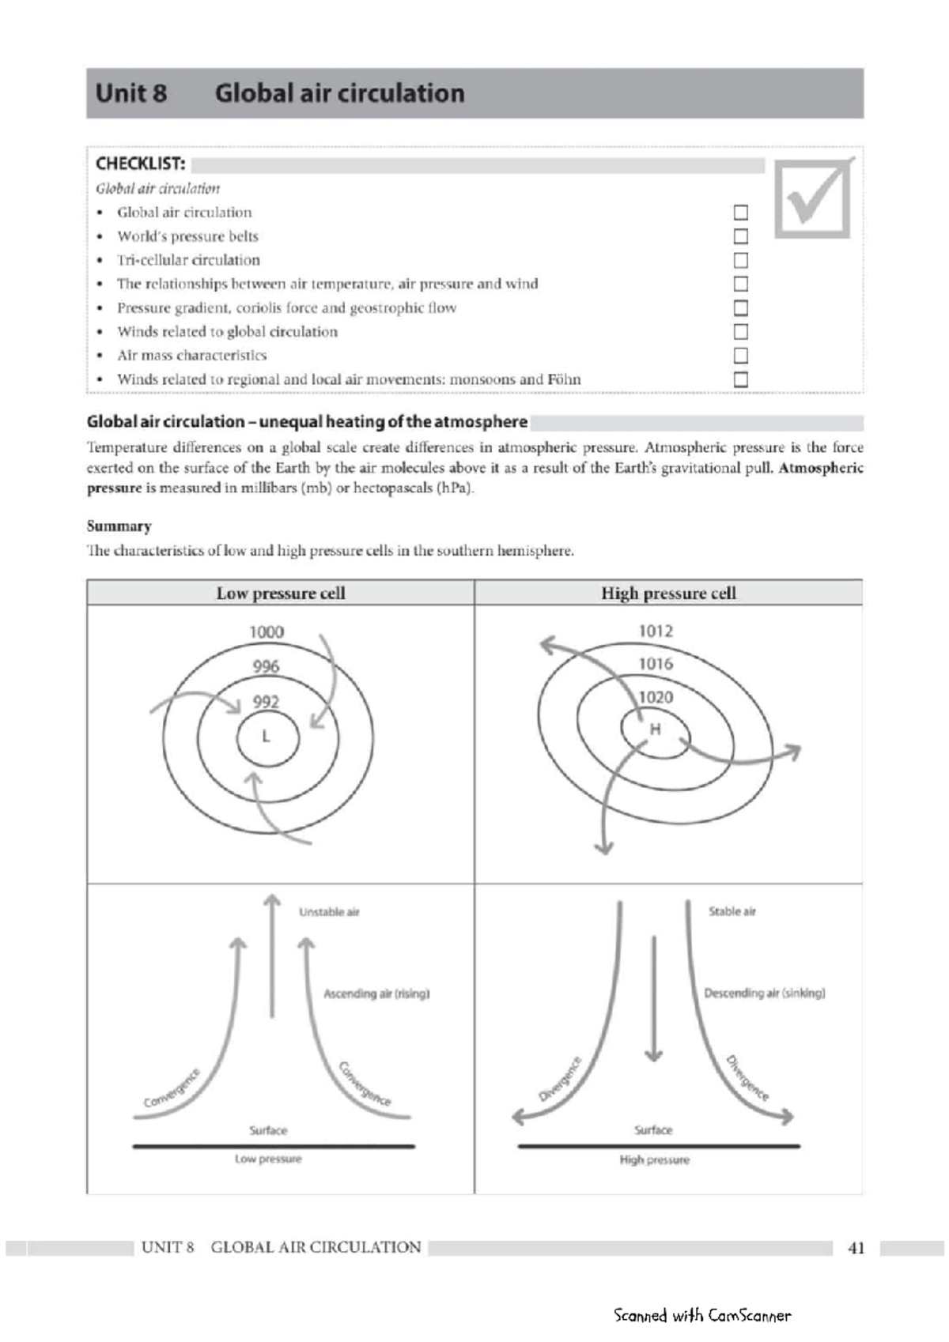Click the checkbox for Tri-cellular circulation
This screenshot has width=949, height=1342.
coord(740,260)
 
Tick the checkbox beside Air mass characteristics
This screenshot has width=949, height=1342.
coord(740,356)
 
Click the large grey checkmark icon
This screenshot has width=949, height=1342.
coord(814,198)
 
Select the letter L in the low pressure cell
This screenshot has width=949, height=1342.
coord(267,737)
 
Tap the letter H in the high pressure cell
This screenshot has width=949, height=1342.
coord(655,729)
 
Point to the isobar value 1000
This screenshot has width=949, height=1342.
coord(267,631)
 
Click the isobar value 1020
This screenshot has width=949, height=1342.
coord(656,697)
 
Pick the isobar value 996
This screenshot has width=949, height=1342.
coord(266,666)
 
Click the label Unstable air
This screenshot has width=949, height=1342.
coord(329,912)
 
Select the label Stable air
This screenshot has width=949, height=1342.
coord(732,911)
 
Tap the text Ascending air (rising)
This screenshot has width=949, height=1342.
coord(376,993)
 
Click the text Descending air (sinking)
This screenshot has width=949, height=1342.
coord(764,993)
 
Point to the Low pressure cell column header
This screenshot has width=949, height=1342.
coord(281,594)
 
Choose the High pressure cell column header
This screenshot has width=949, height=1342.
coord(668,594)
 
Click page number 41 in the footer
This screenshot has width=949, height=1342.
coord(856,1248)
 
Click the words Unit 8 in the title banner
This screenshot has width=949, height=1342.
coord(131,93)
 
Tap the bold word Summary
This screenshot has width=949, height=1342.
coord(119,526)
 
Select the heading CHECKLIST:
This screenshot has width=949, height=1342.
coord(141,164)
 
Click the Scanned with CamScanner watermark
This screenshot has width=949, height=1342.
coord(701,1315)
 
